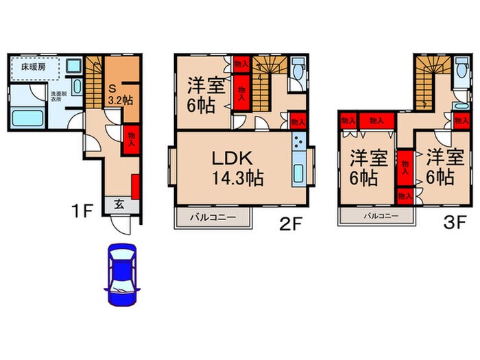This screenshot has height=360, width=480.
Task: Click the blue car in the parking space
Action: (121, 276)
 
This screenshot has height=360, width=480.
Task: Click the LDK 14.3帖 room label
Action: (237, 167)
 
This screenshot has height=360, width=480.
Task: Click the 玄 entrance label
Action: (119, 204)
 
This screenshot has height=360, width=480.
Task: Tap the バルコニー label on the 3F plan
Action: (377, 216)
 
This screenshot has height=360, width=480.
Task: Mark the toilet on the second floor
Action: (297, 71)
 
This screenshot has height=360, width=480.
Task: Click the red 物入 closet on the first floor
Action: (132, 139)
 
